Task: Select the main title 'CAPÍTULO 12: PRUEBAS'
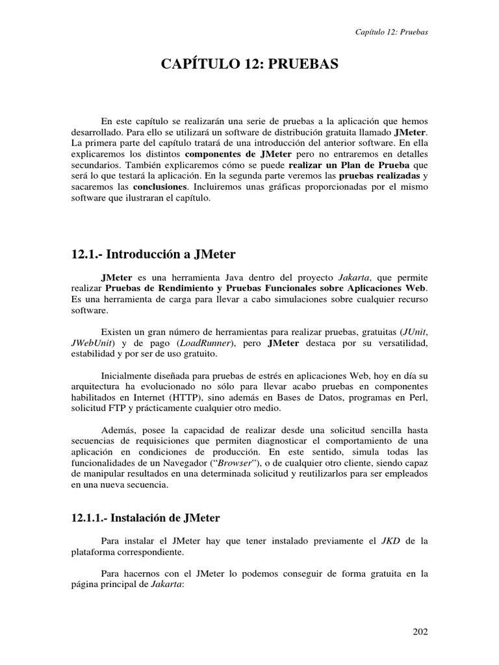[x=249, y=64]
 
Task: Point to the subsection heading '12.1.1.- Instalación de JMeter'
[x=146, y=518]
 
